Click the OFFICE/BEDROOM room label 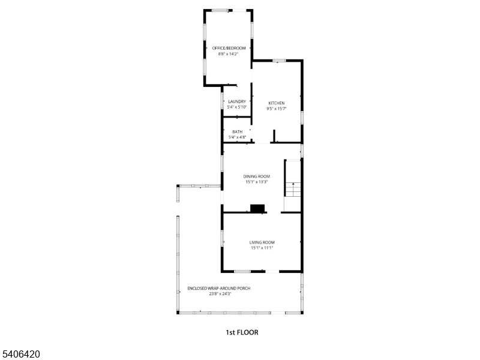[229, 48]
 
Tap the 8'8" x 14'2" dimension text [229, 54]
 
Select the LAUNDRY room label [237, 101]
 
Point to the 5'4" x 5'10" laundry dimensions [237, 107]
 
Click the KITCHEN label [276, 103]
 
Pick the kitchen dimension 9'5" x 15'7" [276, 109]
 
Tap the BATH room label [238, 132]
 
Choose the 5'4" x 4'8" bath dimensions [238, 137]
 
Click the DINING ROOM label [256, 176]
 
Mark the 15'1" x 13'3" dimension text [256, 182]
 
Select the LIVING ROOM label [262, 242]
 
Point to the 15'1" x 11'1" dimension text [262, 248]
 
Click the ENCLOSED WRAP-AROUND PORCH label [218, 288]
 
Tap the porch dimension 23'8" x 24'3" [220, 294]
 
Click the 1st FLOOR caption [242, 332]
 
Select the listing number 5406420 [21, 355]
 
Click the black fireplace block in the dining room [258, 208]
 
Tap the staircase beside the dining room [292, 186]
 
